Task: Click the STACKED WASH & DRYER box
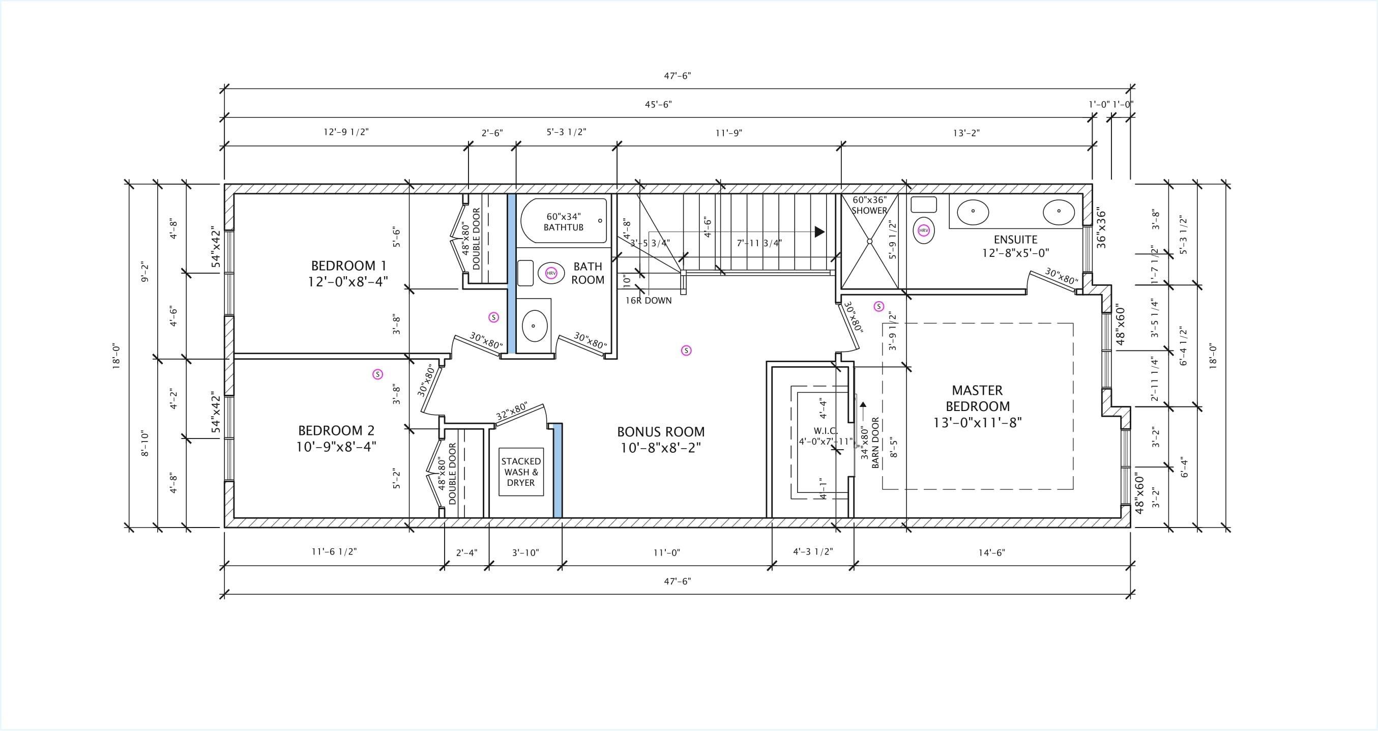point(521,472)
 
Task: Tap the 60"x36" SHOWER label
point(869,206)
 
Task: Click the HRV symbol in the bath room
point(551,273)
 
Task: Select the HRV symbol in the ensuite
point(924,230)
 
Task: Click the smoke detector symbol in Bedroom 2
point(377,374)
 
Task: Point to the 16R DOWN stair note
point(649,301)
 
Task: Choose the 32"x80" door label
point(511,412)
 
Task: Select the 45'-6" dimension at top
point(658,105)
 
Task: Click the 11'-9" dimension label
point(729,133)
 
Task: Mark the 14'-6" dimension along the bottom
point(992,553)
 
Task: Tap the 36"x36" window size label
point(1101,228)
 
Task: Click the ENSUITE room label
point(1015,240)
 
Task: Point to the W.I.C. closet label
point(826,431)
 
